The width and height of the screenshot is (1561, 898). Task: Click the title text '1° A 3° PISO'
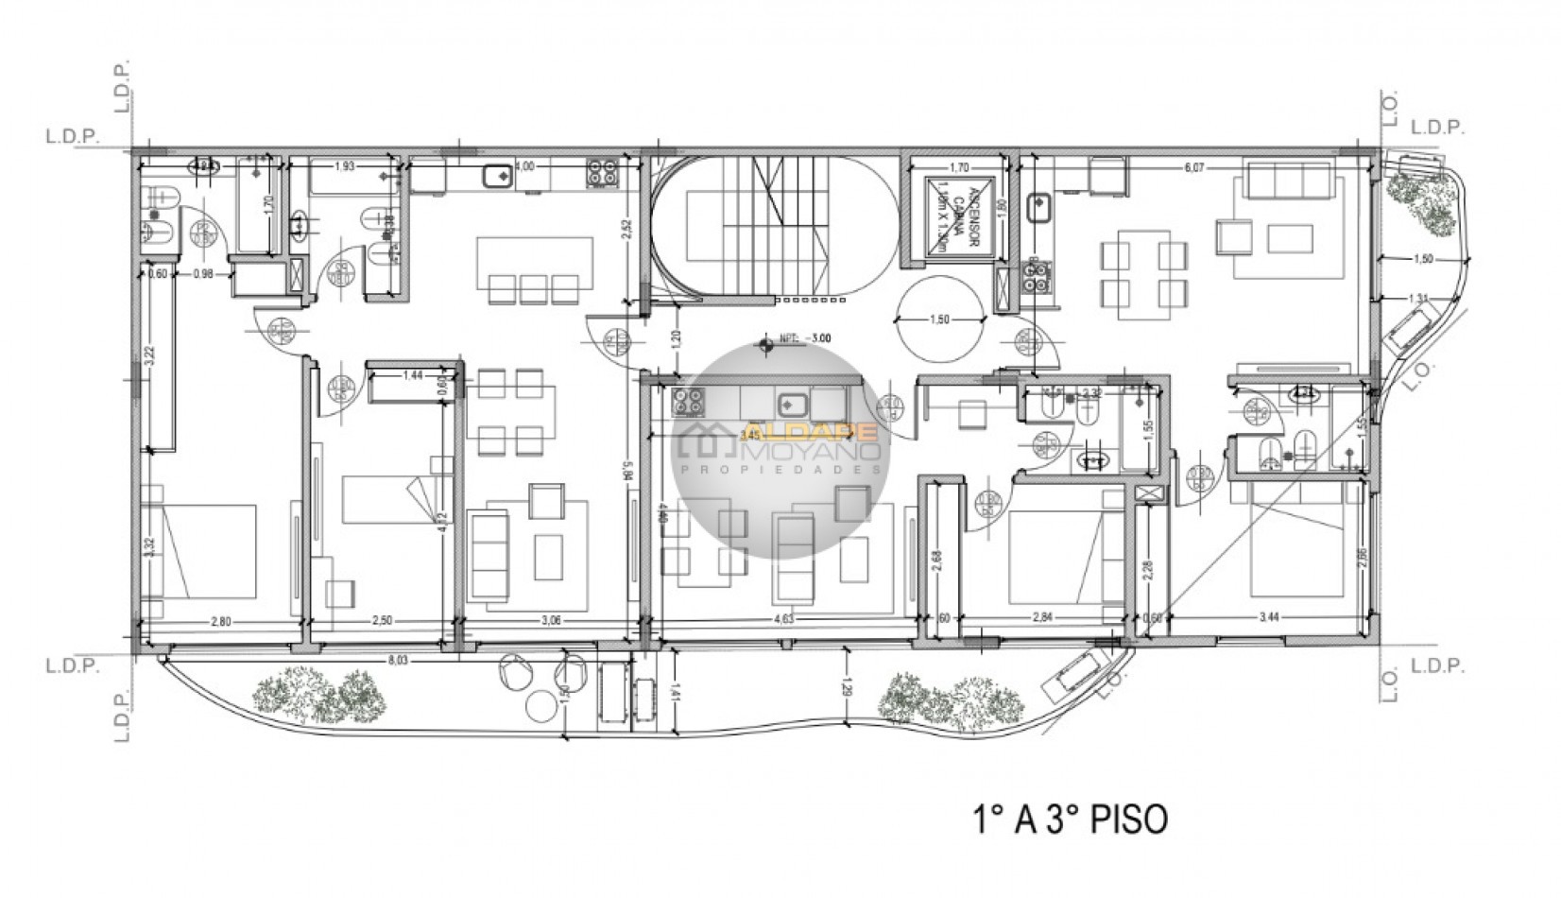1070,819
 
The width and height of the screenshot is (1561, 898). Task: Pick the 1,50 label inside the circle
939,319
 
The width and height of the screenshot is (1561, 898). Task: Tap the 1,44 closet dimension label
411,375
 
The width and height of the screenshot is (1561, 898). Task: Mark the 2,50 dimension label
384,621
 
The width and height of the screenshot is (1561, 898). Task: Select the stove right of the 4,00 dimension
602,173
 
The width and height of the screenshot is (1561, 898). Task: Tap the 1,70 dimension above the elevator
958,168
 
